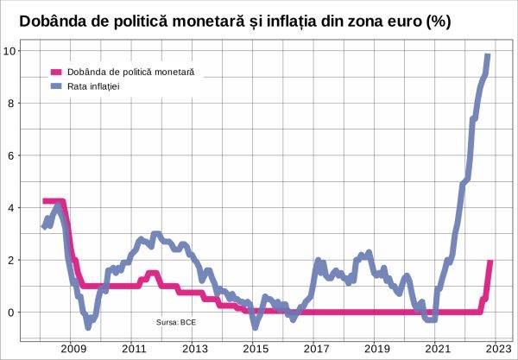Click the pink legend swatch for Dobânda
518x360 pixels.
56,73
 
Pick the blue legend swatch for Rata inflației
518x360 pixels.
56,86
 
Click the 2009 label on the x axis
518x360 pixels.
72,348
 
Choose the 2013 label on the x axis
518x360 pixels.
194,348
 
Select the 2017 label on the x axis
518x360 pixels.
316,348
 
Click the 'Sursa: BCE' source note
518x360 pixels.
175,321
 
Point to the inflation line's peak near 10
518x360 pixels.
488,56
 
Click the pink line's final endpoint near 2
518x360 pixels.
490,262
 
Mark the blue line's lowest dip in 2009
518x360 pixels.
88,326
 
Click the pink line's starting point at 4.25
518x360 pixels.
44,201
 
